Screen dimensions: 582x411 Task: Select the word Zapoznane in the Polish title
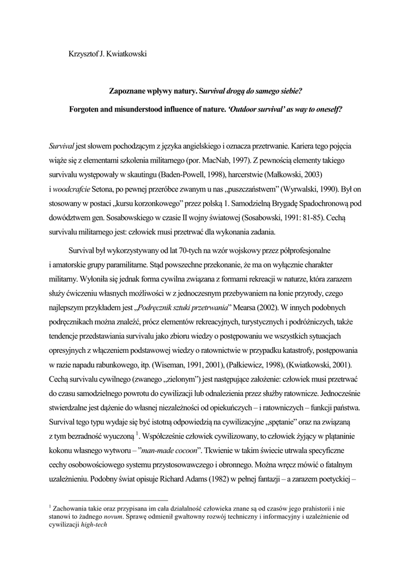point(127,90)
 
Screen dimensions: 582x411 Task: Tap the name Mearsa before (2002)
point(242,308)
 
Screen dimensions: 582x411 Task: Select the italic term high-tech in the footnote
point(94,525)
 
